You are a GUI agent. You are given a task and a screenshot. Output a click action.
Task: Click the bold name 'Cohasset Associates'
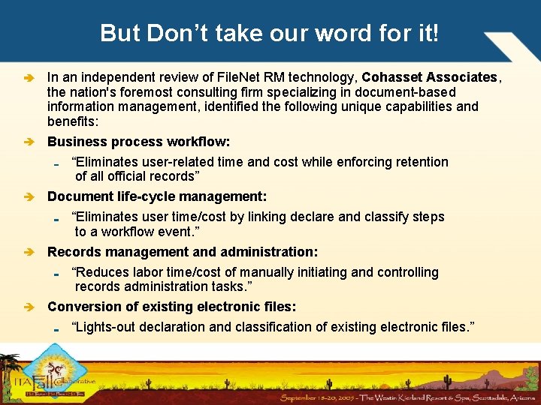click(430, 77)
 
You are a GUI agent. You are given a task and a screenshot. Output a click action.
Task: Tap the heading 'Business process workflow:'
click(138, 142)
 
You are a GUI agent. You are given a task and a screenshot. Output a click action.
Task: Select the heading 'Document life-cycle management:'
click(156, 196)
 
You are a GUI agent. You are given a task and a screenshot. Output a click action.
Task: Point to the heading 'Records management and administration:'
click(183, 252)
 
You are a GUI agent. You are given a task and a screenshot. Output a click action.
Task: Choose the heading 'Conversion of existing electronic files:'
click(171, 307)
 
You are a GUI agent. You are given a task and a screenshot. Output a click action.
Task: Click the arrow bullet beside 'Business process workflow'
click(29, 142)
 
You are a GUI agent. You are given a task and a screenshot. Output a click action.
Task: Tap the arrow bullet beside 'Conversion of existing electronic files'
click(29, 307)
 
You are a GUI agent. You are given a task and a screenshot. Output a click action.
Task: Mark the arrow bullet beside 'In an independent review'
click(29, 78)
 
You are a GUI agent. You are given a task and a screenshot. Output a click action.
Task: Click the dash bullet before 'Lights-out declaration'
click(57, 328)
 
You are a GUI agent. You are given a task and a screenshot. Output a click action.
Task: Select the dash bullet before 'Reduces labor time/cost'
click(57, 274)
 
